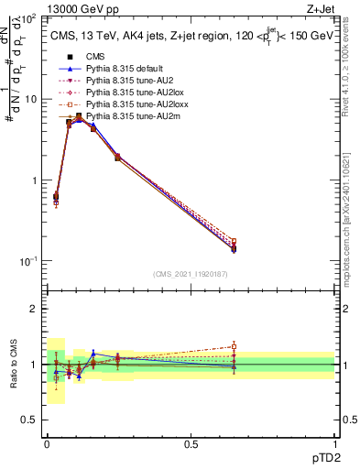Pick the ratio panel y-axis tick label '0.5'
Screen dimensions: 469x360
coord(30,420)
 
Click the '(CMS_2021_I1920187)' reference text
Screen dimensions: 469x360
coord(191,273)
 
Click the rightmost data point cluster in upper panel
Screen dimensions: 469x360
coord(234,245)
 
